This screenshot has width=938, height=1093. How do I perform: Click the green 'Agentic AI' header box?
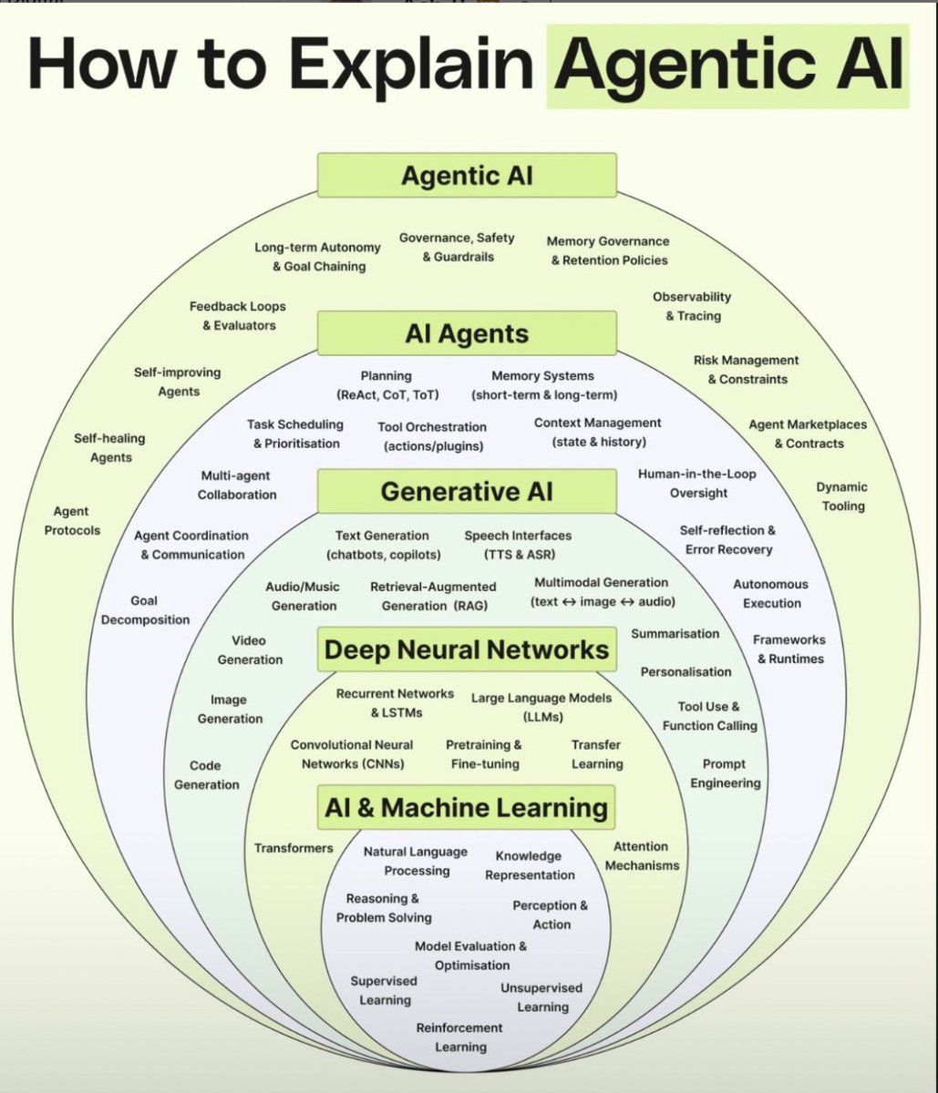pyautogui.click(x=467, y=175)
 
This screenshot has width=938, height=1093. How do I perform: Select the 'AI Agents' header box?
pyautogui.click(x=467, y=333)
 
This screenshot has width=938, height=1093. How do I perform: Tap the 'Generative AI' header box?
pyautogui.click(x=467, y=492)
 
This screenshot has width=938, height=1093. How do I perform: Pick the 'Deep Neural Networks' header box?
pyautogui.click(x=467, y=649)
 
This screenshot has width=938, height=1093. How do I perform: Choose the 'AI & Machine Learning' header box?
pyautogui.click(x=467, y=807)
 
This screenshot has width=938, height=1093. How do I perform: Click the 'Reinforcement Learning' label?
pyautogui.click(x=459, y=1037)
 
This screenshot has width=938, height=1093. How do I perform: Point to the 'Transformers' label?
pyautogui.click(x=294, y=848)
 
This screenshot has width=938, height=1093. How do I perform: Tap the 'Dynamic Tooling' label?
pyautogui.click(x=841, y=496)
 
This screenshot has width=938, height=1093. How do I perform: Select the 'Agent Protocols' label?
pyautogui.click(x=72, y=521)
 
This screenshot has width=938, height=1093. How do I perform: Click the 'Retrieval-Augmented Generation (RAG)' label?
pyautogui.click(x=433, y=597)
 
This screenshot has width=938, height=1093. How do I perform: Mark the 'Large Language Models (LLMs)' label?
pyautogui.click(x=541, y=707)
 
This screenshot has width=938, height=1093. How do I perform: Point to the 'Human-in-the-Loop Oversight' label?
pyautogui.click(x=697, y=484)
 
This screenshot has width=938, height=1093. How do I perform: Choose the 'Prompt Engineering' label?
pyautogui.click(x=725, y=773)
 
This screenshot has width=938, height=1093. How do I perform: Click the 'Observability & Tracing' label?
pyautogui.click(x=692, y=306)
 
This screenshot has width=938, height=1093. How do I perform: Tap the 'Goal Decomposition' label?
pyautogui.click(x=145, y=610)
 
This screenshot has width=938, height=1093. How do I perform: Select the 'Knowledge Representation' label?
pyautogui.click(x=530, y=865)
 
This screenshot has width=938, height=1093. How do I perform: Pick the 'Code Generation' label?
pyautogui.click(x=206, y=775)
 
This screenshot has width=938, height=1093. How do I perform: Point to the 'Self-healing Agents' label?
pyautogui.click(x=110, y=448)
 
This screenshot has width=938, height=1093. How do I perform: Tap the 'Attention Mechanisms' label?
pyautogui.click(x=642, y=856)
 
